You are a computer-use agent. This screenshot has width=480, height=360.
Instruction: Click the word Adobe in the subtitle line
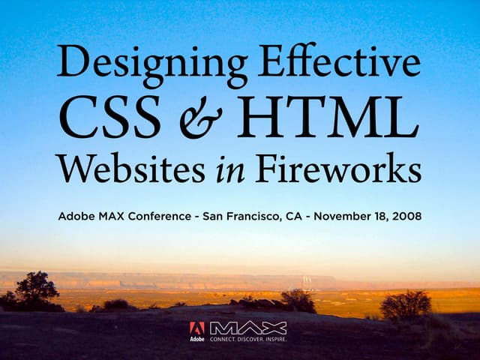(x=75, y=217)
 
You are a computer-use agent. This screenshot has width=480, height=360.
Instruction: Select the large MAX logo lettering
(x=247, y=328)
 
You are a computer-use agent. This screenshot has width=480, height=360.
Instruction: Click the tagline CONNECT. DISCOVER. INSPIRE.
(x=247, y=339)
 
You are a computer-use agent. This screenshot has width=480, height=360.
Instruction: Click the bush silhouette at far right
(x=406, y=304)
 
